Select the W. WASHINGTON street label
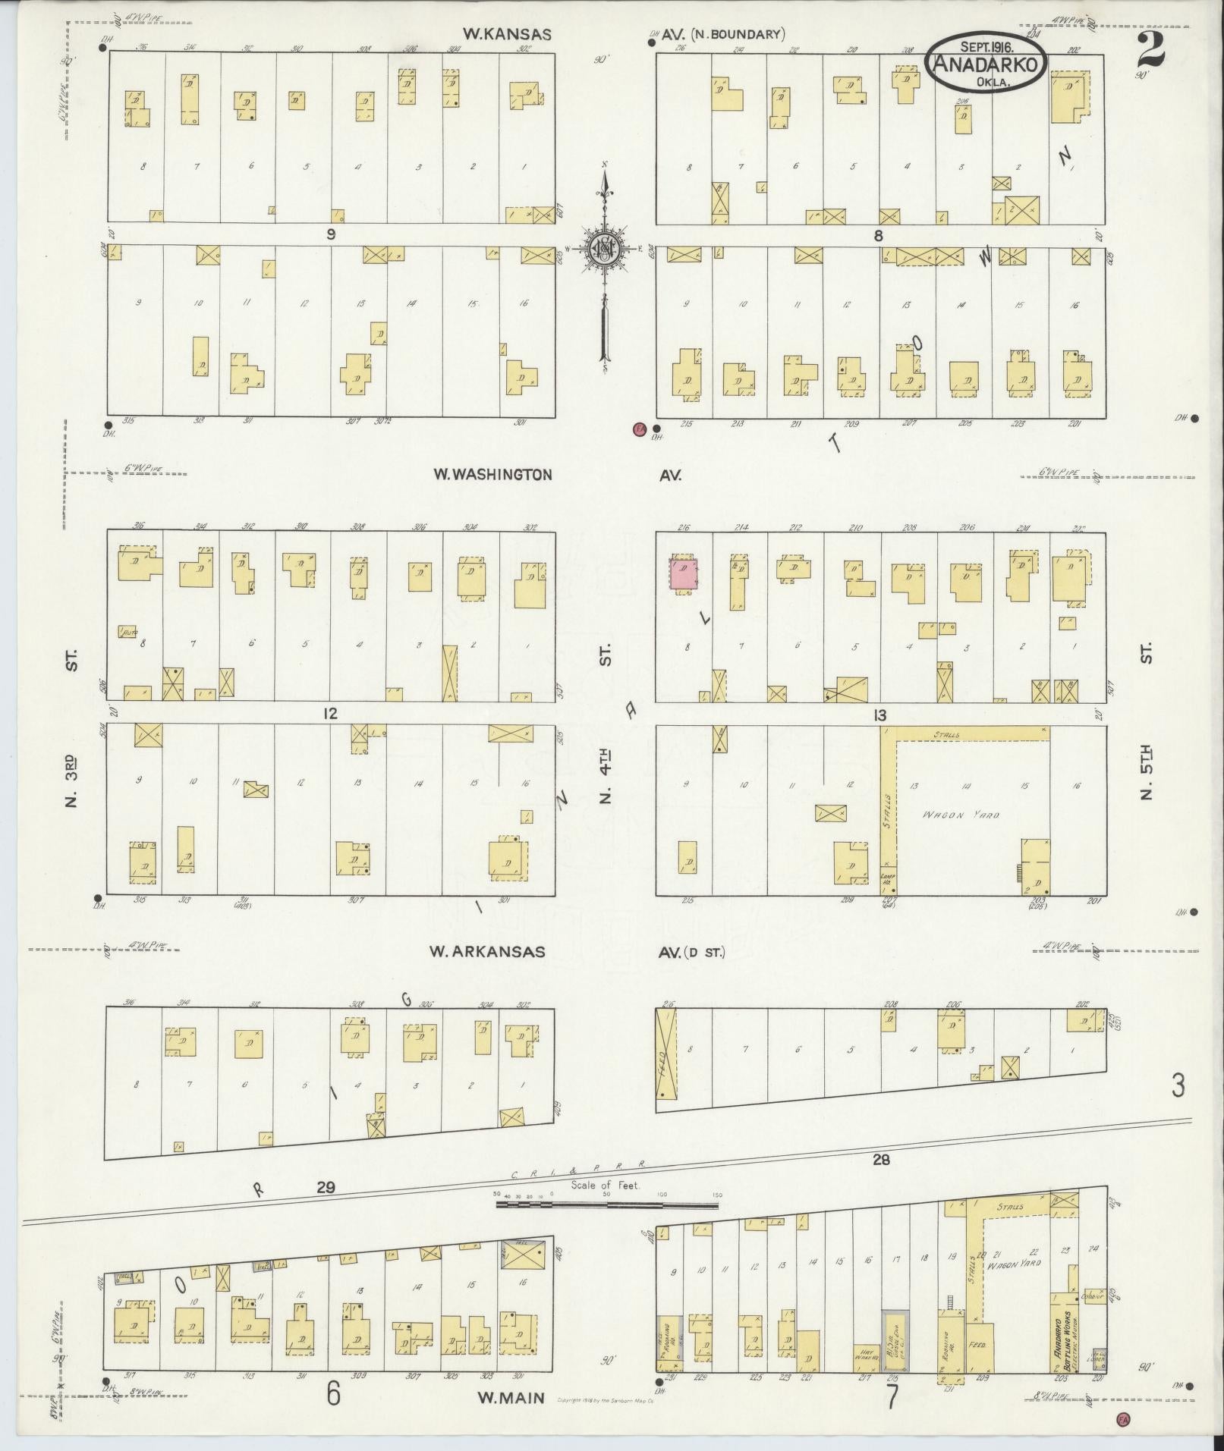pos(492,475)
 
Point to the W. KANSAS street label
pos(507,34)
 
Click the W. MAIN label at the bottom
pos(511,1396)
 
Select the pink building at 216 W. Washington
pos(684,574)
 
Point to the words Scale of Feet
pos(605,1185)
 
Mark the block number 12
pos(329,714)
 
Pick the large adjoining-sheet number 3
pos(1177,1086)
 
